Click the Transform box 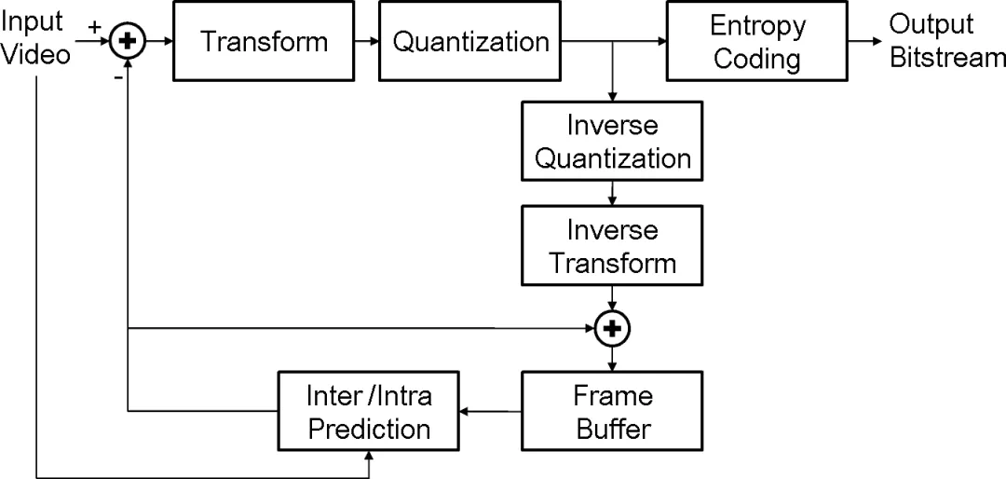coord(263,41)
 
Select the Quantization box coord(470,41)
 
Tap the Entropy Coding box coord(757,41)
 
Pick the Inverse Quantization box coord(613,141)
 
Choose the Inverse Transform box coord(613,245)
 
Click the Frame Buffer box coord(613,411)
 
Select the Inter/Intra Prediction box coord(368,411)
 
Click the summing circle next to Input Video coord(129,41)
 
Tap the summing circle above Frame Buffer coord(613,329)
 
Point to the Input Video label coord(35,38)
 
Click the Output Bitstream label coord(947,41)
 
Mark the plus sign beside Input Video coord(94,27)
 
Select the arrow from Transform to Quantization coord(366,41)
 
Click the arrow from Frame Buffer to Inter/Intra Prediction coord(491,411)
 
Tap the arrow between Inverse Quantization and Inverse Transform coord(613,193)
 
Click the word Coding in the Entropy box coord(757,59)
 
